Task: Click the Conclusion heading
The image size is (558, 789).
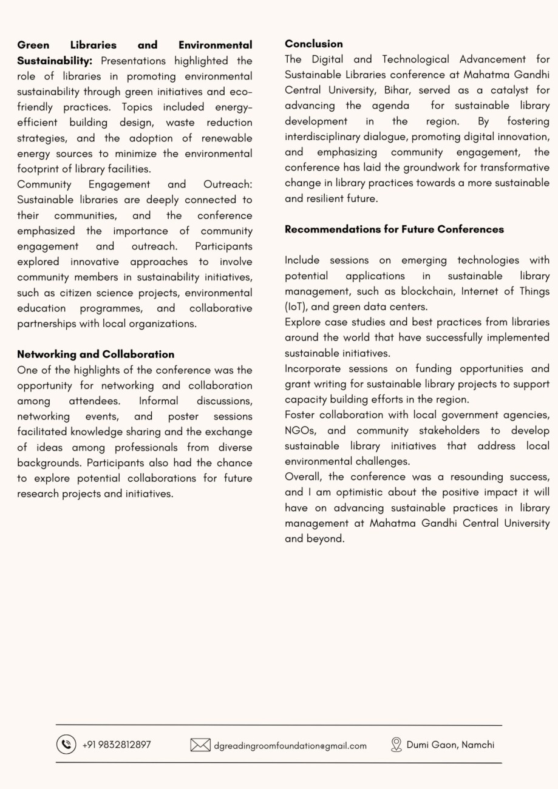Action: coord(313,44)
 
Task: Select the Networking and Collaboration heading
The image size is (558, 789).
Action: coord(95,354)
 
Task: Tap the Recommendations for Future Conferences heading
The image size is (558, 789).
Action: coord(394,229)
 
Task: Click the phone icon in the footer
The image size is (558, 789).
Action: coord(66,745)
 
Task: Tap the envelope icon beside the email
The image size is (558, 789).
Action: coord(200,745)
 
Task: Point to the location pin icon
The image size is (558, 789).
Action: coord(396,745)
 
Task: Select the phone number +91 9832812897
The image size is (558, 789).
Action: coord(117,745)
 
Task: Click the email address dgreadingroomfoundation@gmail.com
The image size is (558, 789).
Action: coord(290,746)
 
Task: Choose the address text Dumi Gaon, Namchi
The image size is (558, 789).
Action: coord(451,745)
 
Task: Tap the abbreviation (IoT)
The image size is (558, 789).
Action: coord(296,307)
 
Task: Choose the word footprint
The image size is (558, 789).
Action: coord(39,169)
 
